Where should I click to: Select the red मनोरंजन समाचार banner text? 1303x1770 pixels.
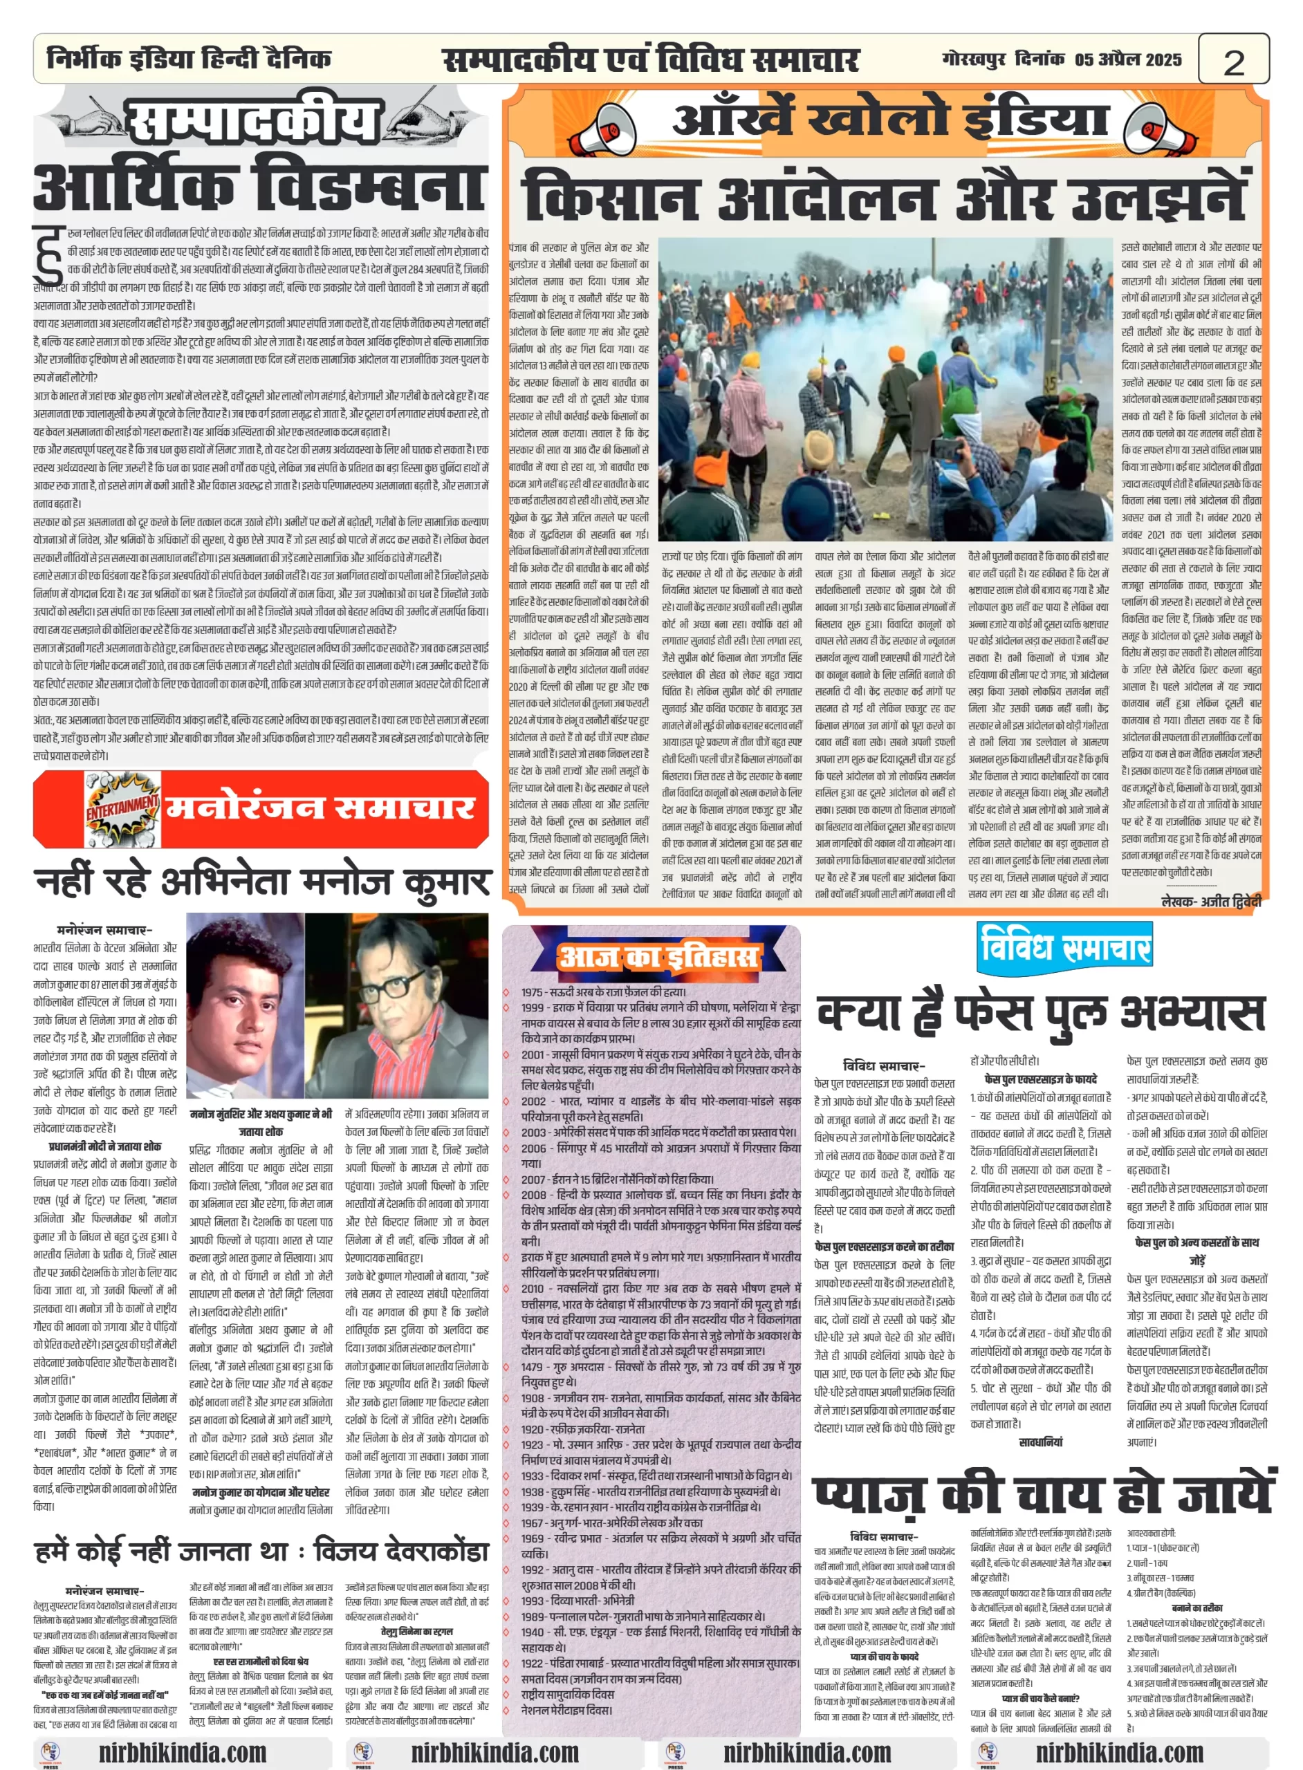click(x=320, y=808)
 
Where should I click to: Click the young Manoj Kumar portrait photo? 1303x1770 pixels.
click(x=246, y=1005)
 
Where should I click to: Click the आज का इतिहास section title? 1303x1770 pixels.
click(x=658, y=957)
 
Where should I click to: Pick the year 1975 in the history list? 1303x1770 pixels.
click(x=533, y=992)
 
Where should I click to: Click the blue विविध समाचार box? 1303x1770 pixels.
click(x=1064, y=945)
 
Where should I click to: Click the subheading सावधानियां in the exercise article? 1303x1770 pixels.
click(x=1040, y=1442)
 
